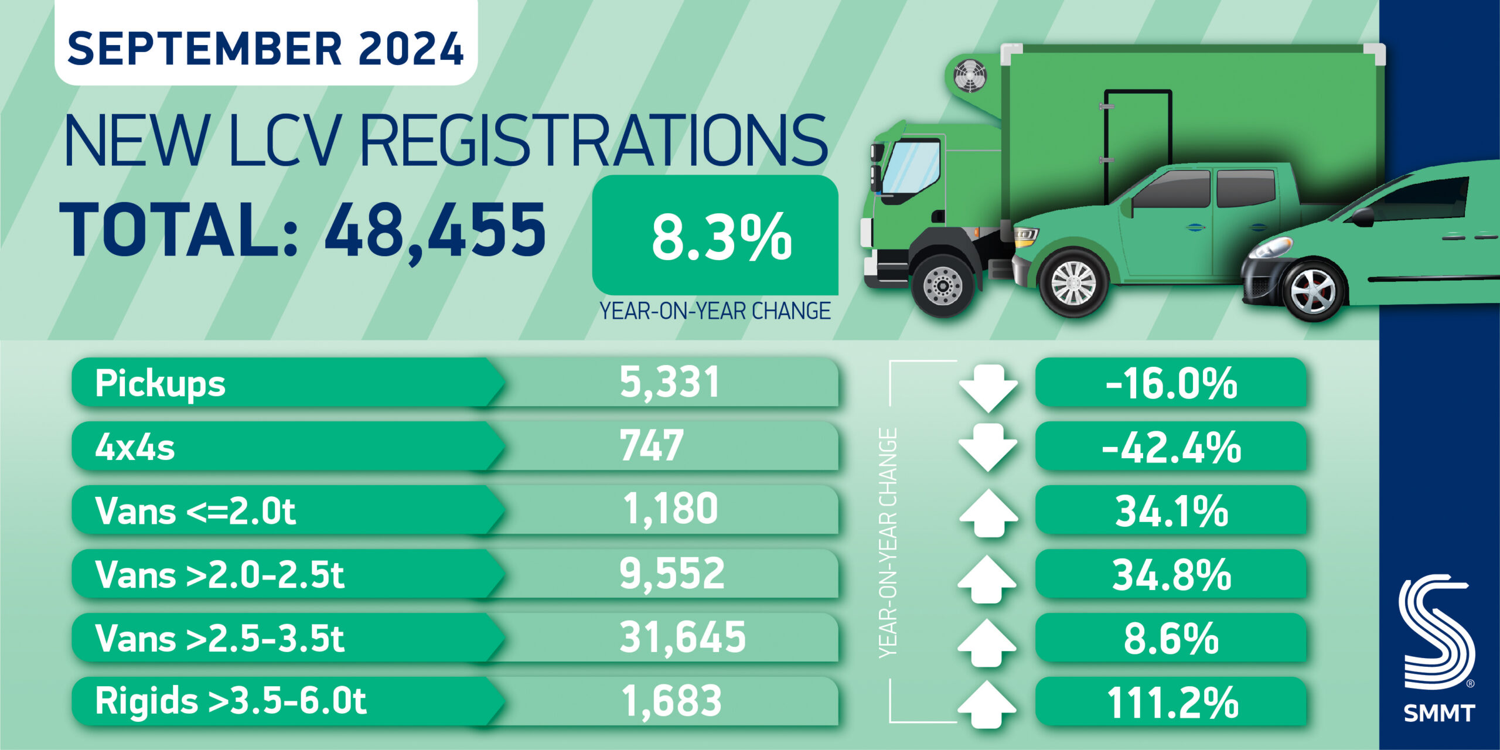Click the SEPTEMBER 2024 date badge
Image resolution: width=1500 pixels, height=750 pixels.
click(x=265, y=48)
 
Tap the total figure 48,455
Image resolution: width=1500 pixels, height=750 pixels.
click(x=435, y=230)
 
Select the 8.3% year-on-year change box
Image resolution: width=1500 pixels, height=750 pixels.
click(x=715, y=236)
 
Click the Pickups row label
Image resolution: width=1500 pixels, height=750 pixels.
click(x=160, y=383)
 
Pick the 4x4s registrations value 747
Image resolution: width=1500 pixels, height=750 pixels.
click(x=652, y=446)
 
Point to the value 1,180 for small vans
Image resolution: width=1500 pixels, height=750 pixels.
click(x=670, y=509)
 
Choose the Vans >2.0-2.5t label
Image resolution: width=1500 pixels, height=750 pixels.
click(x=219, y=574)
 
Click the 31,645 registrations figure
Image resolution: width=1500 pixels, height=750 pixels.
click(x=682, y=637)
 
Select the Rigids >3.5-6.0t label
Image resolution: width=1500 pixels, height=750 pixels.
click(x=230, y=701)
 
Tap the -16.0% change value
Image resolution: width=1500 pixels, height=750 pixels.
click(x=1171, y=383)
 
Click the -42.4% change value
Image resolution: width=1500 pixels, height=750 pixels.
click(x=1171, y=447)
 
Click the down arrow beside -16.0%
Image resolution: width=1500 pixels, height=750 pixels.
click(x=988, y=387)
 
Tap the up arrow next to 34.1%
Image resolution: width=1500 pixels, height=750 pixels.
click(x=988, y=513)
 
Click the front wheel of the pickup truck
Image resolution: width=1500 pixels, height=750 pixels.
click(x=1073, y=282)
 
